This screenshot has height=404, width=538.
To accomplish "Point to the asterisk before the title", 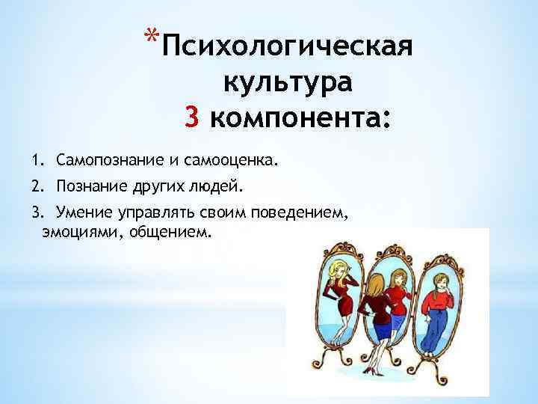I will click(x=152, y=35).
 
